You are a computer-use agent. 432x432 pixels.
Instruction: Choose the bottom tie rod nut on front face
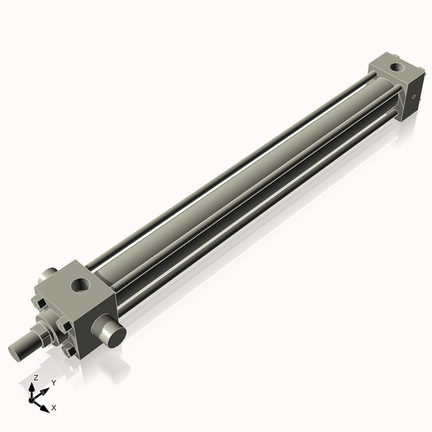pos(71,351)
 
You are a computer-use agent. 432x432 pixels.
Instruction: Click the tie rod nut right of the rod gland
pos(66,325)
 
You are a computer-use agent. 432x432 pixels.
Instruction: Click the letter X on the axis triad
pos(53,408)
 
